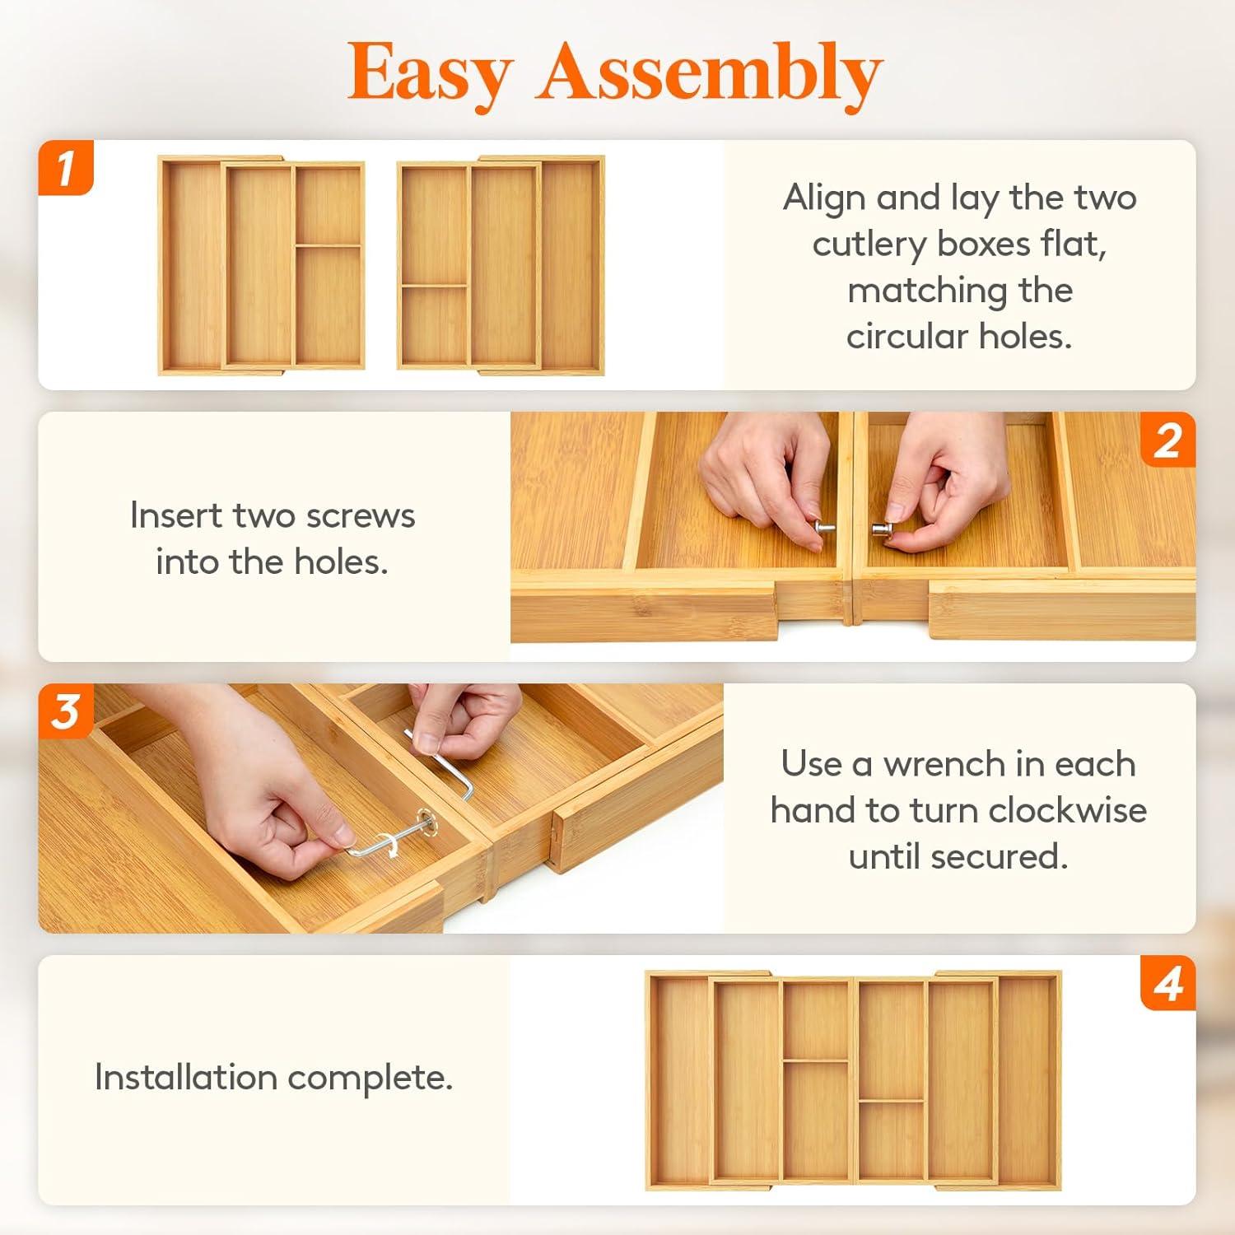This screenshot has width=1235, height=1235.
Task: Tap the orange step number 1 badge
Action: pyautogui.click(x=66, y=168)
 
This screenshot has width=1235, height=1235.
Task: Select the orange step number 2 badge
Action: pyautogui.click(x=1167, y=440)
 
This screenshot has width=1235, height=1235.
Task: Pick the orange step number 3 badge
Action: pyautogui.click(x=66, y=711)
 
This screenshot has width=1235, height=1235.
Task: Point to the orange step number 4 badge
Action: pyautogui.click(x=1167, y=983)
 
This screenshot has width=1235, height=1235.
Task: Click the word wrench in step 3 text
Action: pyautogui.click(x=944, y=764)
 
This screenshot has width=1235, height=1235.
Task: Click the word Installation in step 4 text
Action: pyautogui.click(x=186, y=1077)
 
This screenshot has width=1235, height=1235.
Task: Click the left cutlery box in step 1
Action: pyautogui.click(x=262, y=265)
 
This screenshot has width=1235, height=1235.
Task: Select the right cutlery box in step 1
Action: pyautogui.click(x=501, y=265)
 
